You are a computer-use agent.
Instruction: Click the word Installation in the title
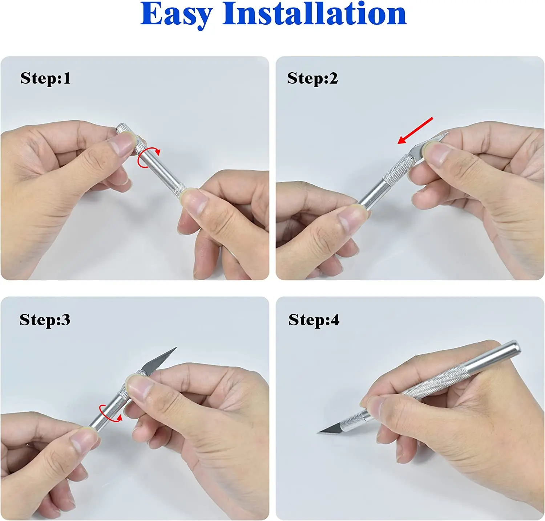(314, 13)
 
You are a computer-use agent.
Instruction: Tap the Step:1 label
(45, 78)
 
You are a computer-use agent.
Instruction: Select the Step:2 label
(312, 78)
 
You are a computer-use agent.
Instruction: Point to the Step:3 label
(45, 320)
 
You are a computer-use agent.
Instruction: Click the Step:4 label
(314, 320)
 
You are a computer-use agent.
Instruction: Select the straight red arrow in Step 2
(415, 130)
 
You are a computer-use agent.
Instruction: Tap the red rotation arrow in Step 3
(110, 414)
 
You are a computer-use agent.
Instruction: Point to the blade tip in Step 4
(318, 432)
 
